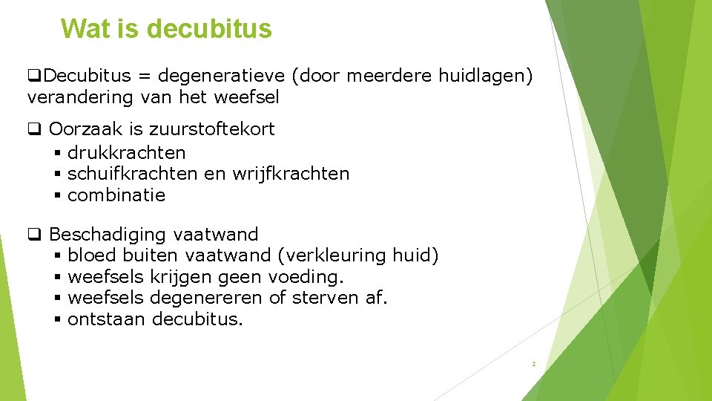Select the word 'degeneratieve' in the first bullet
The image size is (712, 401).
(222, 76)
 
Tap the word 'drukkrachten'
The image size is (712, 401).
(126, 153)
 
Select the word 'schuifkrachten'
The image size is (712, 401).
(133, 174)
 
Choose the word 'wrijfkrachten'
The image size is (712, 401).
(291, 174)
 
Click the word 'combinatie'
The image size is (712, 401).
(116, 195)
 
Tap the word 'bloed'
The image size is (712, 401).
(92, 256)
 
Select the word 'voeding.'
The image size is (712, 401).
(306, 277)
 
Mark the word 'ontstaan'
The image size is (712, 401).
(106, 320)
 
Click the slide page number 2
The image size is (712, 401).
(533, 365)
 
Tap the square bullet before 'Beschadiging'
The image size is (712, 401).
(34, 235)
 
